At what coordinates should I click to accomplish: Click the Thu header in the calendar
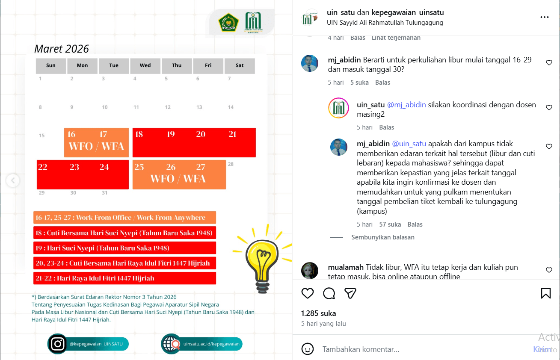click(177, 65)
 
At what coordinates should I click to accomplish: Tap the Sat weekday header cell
click(240, 65)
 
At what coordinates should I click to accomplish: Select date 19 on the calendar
click(171, 134)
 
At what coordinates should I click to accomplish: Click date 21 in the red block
click(232, 134)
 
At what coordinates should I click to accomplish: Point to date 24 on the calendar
click(104, 167)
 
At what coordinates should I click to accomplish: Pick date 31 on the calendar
click(104, 193)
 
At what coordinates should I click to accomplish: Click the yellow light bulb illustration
click(261, 260)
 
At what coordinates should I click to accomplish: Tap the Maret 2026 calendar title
click(62, 49)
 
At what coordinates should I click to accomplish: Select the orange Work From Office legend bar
click(124, 218)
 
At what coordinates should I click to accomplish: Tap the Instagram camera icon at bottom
click(57, 344)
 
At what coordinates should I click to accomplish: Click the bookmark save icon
click(545, 293)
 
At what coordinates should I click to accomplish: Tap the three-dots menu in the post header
click(544, 17)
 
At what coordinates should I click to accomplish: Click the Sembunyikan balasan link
click(382, 237)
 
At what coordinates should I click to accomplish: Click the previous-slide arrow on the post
click(13, 180)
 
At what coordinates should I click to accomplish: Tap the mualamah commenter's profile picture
click(310, 271)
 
